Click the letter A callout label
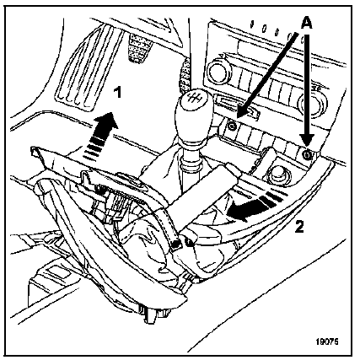pos(306,24)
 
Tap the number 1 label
pos(119,92)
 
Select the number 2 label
pos(299,227)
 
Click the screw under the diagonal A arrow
pos(232,126)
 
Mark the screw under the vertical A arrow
pos(307,154)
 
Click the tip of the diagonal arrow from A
pos(238,117)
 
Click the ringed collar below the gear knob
pos(191,164)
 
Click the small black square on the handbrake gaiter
pos(176,244)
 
